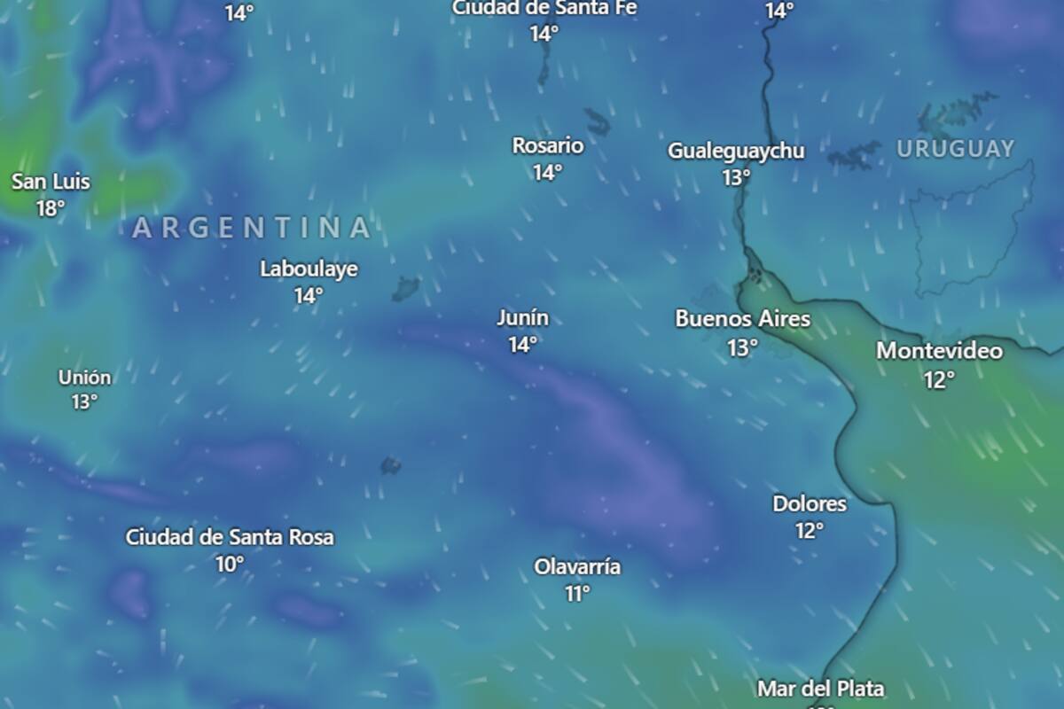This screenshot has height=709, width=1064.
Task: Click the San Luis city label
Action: [x=51, y=183]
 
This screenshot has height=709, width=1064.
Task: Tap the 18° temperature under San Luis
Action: [x=51, y=209]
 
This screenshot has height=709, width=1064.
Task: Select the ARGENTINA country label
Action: [x=252, y=229]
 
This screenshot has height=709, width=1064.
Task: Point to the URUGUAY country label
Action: [x=955, y=149]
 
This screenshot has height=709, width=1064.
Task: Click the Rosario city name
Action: [x=548, y=145]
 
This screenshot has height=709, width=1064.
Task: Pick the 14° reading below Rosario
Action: [x=547, y=172]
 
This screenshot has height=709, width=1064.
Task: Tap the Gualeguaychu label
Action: [x=736, y=151]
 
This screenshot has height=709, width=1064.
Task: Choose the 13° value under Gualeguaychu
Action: [x=736, y=177]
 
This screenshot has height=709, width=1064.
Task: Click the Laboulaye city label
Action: [x=309, y=269]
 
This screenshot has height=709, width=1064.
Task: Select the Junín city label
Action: [x=522, y=317]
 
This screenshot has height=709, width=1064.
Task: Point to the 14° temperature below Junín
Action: [x=522, y=345]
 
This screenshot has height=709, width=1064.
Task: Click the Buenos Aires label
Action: [x=743, y=319]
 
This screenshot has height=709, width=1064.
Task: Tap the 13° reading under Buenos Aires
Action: [x=743, y=347]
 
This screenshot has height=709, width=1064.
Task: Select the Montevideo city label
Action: [x=939, y=351]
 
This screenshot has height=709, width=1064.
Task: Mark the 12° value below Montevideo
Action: [x=939, y=379]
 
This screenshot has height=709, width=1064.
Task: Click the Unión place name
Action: [x=85, y=378]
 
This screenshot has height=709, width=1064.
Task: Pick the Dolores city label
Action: [x=810, y=504]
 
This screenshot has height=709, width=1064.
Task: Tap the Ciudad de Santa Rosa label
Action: [x=230, y=537]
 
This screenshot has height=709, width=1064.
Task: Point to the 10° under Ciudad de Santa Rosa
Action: [x=229, y=564]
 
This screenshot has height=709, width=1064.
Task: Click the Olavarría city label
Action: [x=577, y=567]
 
